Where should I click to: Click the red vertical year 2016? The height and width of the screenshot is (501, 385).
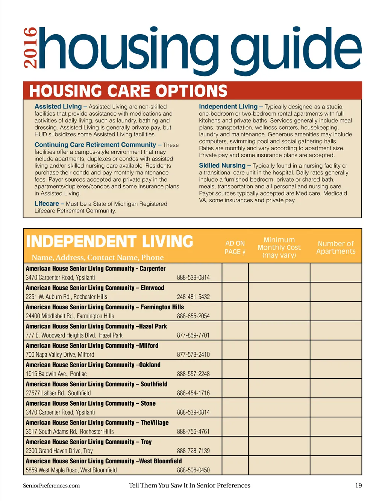pos(30,48)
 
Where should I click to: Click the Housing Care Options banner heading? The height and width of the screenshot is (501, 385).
pos(128,91)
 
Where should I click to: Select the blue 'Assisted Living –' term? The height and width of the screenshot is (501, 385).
pos(61,107)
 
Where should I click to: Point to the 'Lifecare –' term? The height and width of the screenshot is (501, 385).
pos(49,203)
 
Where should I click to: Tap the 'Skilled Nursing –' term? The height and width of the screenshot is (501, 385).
pos(225,165)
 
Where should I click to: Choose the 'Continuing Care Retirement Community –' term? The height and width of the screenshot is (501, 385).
pos(98,145)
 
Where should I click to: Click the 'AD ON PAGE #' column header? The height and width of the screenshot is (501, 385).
pos(235,247)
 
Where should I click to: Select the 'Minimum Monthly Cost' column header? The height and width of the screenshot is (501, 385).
pos(279,247)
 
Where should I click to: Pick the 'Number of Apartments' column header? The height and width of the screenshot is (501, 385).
pos(336,247)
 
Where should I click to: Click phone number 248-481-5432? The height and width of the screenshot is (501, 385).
pos(193,297)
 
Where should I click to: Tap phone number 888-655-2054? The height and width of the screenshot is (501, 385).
pos(193,316)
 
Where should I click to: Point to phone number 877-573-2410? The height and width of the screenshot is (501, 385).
pos(193,354)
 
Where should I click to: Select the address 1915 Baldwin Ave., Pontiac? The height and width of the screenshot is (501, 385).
pos(56,374)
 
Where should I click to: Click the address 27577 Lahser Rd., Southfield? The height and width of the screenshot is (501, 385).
pos(58,393)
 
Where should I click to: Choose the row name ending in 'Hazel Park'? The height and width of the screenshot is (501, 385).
pos(96,326)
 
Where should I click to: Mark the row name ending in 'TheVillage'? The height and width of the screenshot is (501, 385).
pos(97,423)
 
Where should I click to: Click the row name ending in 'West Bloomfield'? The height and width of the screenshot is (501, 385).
pos(104,461)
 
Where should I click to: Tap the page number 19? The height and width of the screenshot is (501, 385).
pos(358,486)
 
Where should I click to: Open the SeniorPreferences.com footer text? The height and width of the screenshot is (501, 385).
pos(51,486)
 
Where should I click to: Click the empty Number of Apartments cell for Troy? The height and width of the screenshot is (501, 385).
pos(336,446)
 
